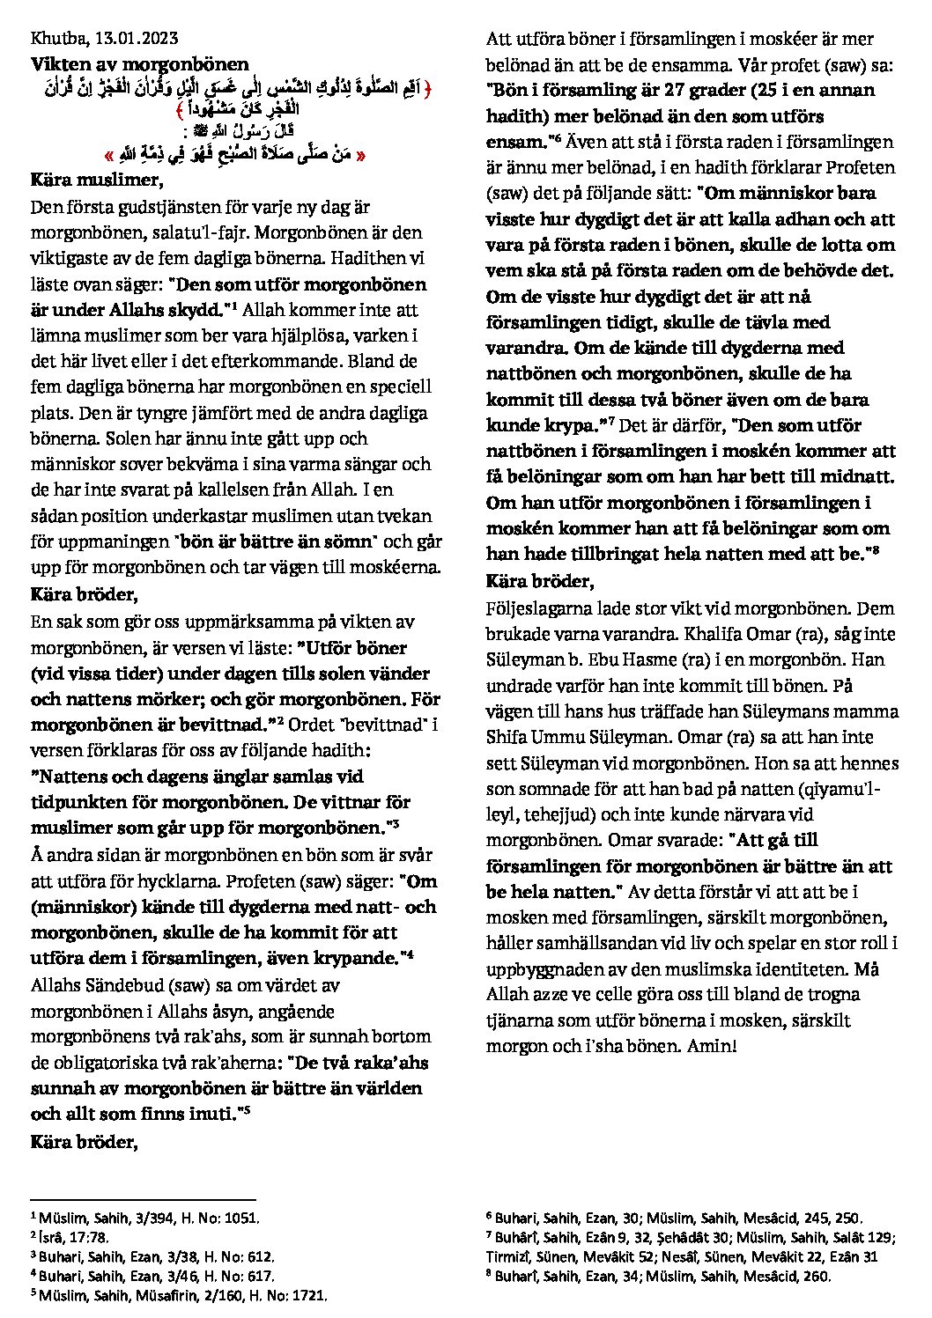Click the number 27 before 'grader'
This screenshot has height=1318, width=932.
(x=648, y=91)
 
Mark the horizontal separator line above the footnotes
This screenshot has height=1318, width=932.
(x=143, y=1199)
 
